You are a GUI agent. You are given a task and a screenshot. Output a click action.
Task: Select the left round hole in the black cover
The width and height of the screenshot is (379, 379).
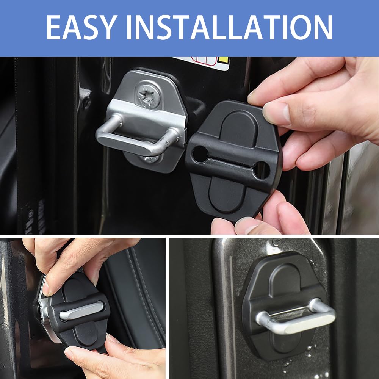pyautogui.click(x=200, y=154)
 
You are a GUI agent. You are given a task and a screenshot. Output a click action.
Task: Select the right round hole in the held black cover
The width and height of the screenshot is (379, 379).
pyautogui.click(x=262, y=170)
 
